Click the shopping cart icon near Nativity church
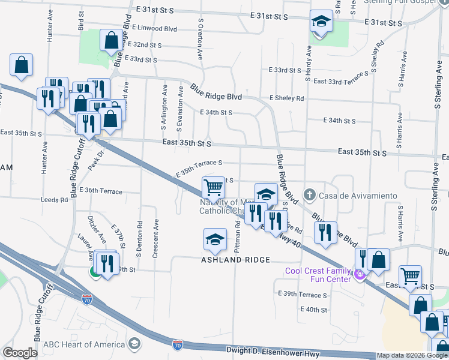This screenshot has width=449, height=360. click(214, 188)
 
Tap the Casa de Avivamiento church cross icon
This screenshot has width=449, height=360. click(309, 195)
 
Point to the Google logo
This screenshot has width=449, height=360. click(20, 353)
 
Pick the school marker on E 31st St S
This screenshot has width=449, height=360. click(321, 22)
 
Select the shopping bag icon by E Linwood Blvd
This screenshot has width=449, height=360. click(111, 41)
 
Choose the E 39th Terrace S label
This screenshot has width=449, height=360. click(303, 295)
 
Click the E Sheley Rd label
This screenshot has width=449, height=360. click(286, 98)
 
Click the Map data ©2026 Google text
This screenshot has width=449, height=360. click(411, 355)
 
